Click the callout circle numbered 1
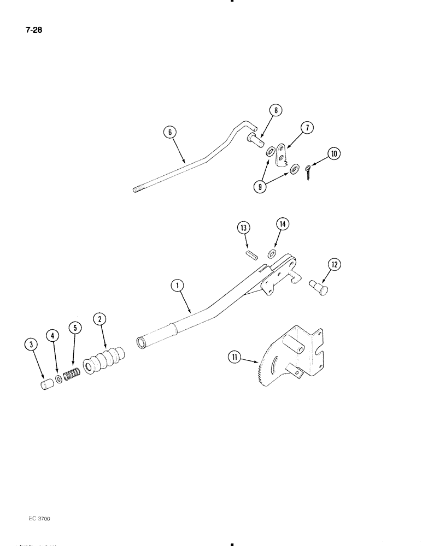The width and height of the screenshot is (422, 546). (176, 284)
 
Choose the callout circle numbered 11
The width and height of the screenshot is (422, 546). (235, 358)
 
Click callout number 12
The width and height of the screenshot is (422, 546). (334, 265)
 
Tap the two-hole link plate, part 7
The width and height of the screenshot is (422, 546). (282, 153)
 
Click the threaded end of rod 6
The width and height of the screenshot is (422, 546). (138, 189)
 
